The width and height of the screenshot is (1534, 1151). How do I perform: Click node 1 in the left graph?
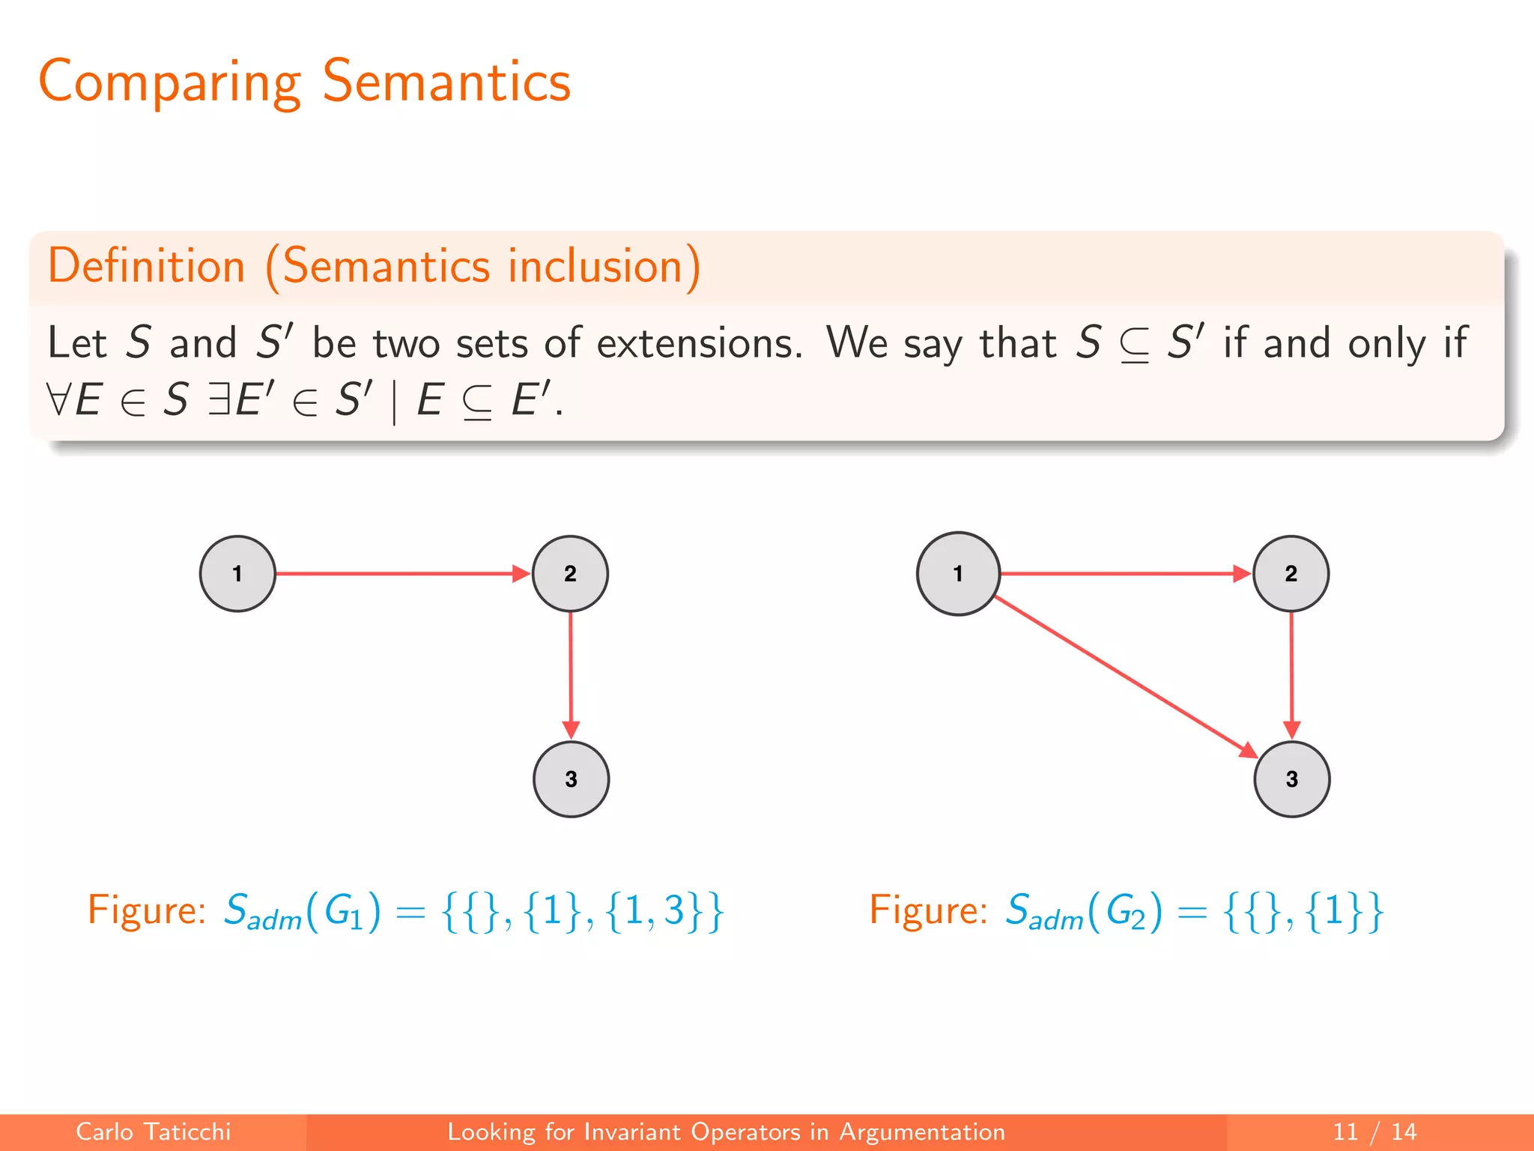click(237, 574)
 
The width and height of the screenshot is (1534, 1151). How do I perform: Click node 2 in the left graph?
click(570, 574)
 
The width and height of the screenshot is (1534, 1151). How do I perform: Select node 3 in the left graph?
click(571, 779)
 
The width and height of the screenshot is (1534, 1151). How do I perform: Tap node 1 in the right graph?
click(958, 574)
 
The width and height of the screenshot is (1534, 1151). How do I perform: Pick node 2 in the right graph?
click(1291, 574)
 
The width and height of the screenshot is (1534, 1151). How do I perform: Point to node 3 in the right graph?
click(1291, 779)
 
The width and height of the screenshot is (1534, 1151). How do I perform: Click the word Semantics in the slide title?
click(446, 81)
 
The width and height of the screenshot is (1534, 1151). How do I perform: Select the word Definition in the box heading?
click(147, 266)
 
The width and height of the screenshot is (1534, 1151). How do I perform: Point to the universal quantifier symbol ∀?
click(58, 399)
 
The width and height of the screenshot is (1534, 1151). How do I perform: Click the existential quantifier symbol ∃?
click(219, 399)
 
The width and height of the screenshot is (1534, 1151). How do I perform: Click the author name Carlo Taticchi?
click(154, 1132)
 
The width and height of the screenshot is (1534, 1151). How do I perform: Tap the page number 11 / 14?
click(1374, 1132)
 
